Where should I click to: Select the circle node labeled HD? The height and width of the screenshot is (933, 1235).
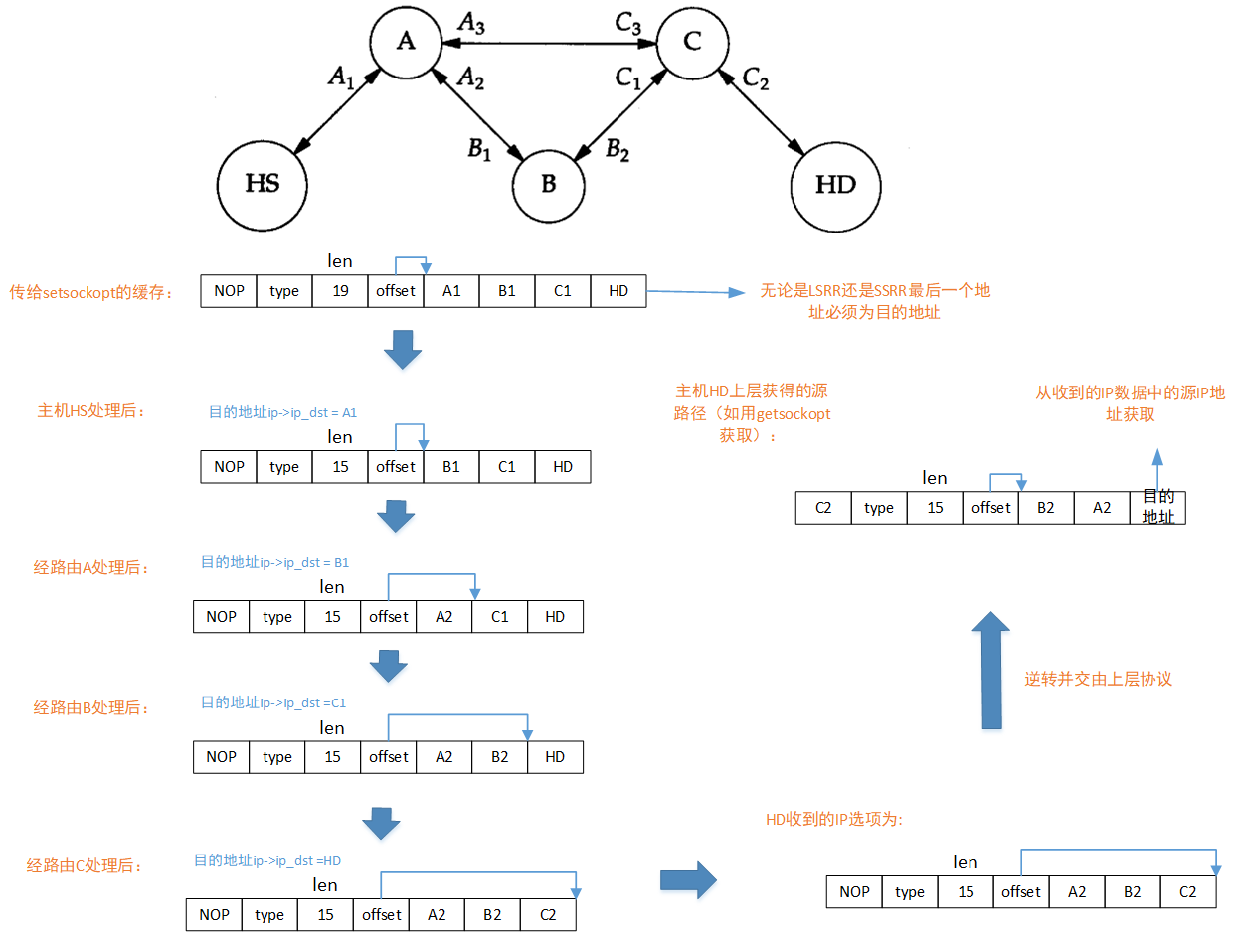pos(835,185)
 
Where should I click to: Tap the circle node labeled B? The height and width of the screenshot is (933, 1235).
pos(549,186)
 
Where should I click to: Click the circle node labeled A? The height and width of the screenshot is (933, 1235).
pos(406,41)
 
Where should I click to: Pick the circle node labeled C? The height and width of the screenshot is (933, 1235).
pos(693,41)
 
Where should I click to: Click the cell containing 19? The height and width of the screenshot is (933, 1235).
pos(340,291)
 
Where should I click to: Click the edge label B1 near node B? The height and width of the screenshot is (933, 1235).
pos(480,149)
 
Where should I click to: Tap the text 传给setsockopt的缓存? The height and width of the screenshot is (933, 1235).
pos(90,292)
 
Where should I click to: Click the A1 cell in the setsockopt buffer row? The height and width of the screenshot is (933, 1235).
pos(451,291)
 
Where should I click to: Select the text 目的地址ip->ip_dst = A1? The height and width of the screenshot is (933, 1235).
pos(282,411)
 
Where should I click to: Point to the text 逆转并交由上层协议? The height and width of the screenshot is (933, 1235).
pos(1099,680)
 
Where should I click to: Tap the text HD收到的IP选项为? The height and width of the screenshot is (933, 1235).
pos(833,820)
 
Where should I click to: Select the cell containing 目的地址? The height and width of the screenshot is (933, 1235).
pos(1157,507)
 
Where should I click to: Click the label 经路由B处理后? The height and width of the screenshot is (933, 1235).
pos(91,708)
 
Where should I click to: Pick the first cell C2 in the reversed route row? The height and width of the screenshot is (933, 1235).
pos(823,508)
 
